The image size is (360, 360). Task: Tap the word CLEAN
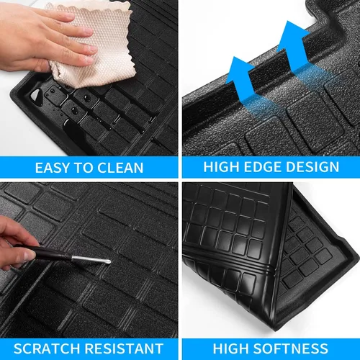[120, 168]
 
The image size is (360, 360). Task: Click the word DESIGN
[311, 168]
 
